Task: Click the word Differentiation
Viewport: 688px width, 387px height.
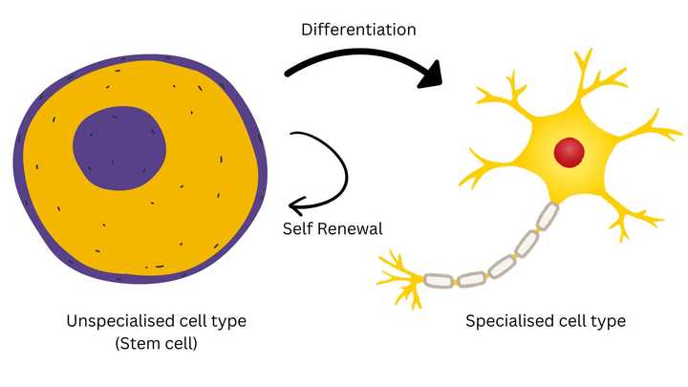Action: pos(358,30)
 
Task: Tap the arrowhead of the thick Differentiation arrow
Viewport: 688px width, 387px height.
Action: pos(433,75)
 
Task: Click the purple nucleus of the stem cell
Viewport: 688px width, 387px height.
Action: pos(120,148)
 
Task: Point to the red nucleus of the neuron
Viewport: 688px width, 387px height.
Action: pos(570,151)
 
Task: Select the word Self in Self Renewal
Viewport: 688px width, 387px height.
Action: pos(298,229)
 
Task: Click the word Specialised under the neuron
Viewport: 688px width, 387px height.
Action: pos(513,321)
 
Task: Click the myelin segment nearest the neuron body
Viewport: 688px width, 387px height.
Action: pos(547,217)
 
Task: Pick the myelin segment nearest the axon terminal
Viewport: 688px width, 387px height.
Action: pos(439,280)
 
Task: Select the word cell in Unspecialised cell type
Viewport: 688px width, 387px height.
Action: pos(193,321)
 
